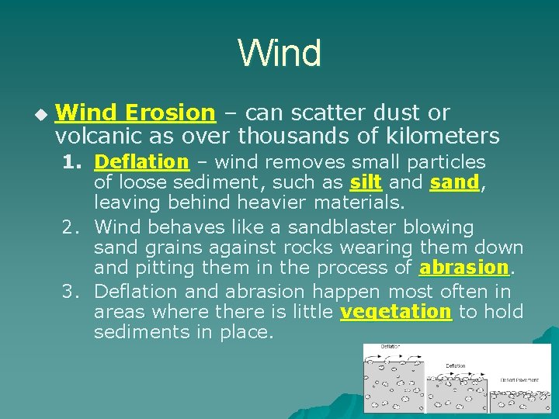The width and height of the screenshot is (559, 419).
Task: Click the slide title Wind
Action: click(x=279, y=53)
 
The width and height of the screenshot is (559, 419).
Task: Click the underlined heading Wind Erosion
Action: click(x=135, y=113)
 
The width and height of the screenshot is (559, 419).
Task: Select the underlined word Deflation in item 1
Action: click(x=141, y=162)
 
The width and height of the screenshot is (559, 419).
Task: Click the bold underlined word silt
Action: click(x=365, y=183)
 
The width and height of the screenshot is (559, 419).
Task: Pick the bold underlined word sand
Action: click(x=454, y=183)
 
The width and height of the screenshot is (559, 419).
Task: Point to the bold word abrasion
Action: click(x=464, y=268)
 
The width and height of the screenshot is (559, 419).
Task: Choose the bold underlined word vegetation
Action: click(x=396, y=312)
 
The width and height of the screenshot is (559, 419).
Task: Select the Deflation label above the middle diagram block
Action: click(x=455, y=365)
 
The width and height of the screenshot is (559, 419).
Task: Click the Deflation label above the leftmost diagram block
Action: click(x=391, y=347)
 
